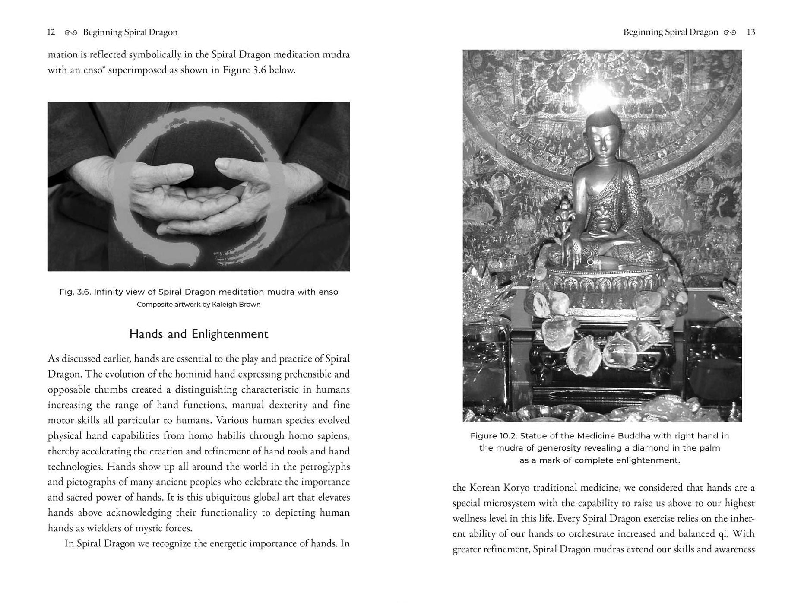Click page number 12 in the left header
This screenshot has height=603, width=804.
coord(51,32)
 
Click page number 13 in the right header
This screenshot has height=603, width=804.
coord(751,32)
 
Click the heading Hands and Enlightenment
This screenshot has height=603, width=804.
coord(199,334)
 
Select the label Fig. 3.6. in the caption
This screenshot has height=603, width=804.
coord(75,292)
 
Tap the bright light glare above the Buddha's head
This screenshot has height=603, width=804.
coord(596,93)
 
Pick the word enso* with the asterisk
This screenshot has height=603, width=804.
coord(94,70)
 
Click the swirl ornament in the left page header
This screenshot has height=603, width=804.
coord(71,32)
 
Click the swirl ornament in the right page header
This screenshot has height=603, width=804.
coord(729,32)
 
